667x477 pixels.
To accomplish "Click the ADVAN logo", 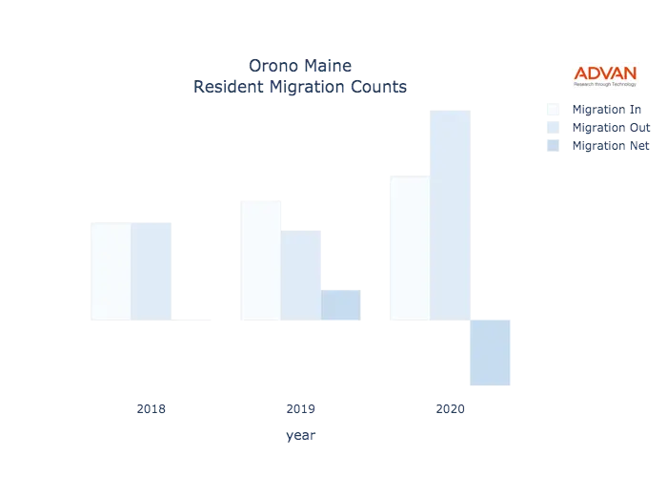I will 605,73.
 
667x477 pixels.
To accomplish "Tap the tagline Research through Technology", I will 605,85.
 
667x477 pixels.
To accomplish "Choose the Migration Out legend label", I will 611,127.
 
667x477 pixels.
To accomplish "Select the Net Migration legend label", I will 611,145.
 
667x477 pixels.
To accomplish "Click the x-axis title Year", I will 300,436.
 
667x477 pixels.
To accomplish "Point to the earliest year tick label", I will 152,410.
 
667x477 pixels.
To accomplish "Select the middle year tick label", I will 301,410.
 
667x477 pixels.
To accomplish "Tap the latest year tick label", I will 450,410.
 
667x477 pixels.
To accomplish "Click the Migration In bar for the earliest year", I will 107,271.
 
